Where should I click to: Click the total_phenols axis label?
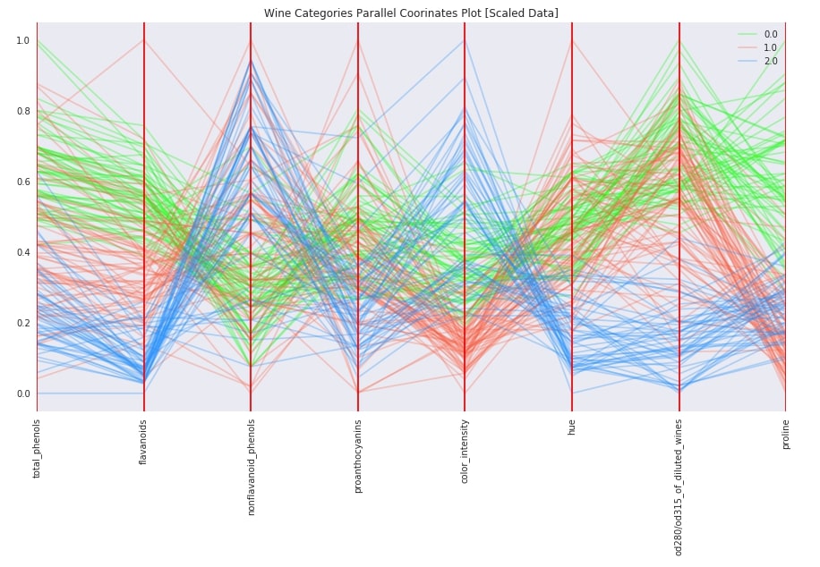tap(38, 448)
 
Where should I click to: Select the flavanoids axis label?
tap(144, 442)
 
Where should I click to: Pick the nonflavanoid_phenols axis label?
tap(252, 468)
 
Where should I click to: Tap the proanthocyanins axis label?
tap(358, 456)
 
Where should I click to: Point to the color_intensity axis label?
tap(465, 452)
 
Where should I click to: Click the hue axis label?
tap(572, 428)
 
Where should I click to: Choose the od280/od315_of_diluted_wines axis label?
tap(679, 487)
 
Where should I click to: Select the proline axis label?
tap(786, 434)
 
